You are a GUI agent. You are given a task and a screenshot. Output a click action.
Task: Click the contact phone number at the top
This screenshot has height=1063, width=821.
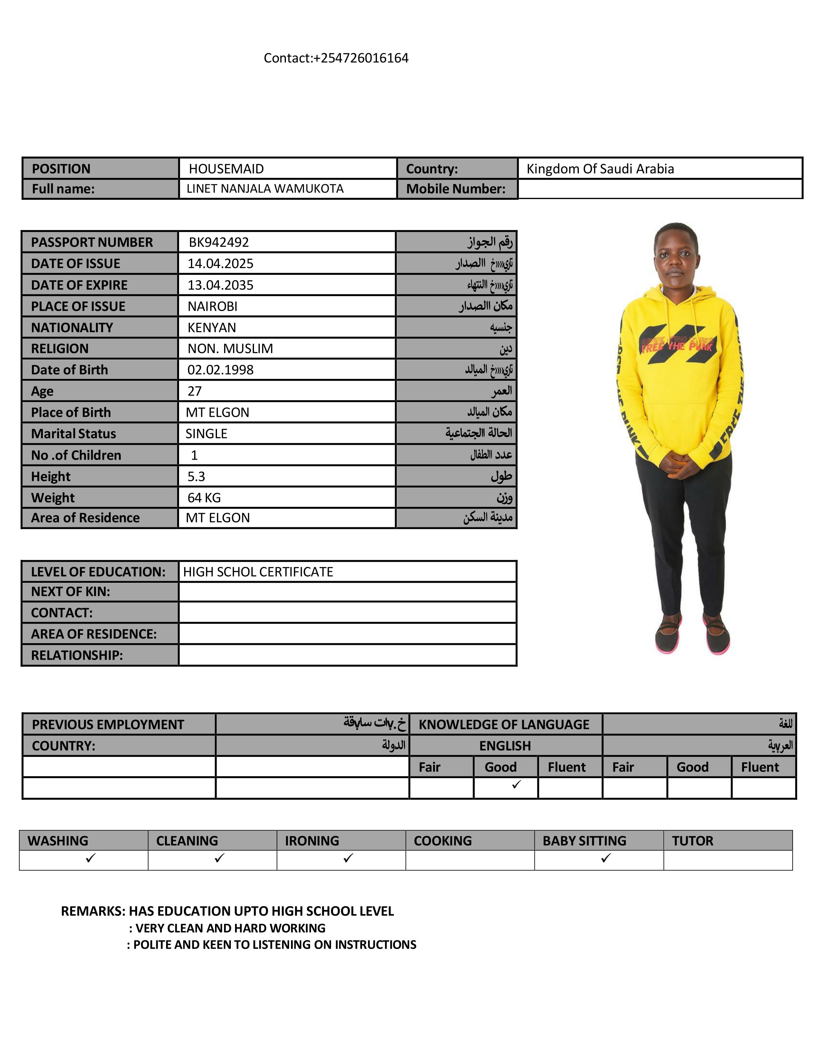pyautogui.click(x=336, y=58)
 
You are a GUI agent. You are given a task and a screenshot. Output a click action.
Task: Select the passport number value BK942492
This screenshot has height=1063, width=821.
pyautogui.click(x=219, y=242)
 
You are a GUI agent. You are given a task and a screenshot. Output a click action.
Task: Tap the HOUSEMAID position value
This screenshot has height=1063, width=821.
pyautogui.click(x=226, y=169)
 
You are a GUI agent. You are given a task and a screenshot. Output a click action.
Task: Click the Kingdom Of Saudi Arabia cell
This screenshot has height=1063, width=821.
pyautogui.click(x=600, y=169)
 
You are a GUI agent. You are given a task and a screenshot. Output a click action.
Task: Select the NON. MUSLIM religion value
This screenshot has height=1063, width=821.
pyautogui.click(x=230, y=349)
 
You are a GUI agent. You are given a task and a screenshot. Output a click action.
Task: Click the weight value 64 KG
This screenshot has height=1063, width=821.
pyautogui.click(x=204, y=497)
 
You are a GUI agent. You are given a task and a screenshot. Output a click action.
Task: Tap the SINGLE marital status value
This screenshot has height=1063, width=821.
pyautogui.click(x=206, y=434)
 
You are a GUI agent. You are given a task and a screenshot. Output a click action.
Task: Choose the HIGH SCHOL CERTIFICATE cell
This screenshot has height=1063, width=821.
pyautogui.click(x=258, y=571)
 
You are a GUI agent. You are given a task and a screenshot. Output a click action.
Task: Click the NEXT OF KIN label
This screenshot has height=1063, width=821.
pyautogui.click(x=71, y=591)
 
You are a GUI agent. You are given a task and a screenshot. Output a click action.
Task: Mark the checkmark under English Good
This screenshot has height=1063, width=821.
pyautogui.click(x=516, y=784)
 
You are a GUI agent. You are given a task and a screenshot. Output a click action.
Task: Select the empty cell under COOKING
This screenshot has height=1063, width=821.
pyautogui.click(x=470, y=860)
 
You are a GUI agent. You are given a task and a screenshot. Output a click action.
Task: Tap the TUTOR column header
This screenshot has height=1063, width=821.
pyautogui.click(x=692, y=840)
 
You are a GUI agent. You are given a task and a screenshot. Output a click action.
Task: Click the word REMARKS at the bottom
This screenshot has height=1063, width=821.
pyautogui.click(x=92, y=911)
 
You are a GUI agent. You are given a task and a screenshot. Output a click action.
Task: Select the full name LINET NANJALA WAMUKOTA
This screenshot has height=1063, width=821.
pyautogui.click(x=265, y=189)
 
